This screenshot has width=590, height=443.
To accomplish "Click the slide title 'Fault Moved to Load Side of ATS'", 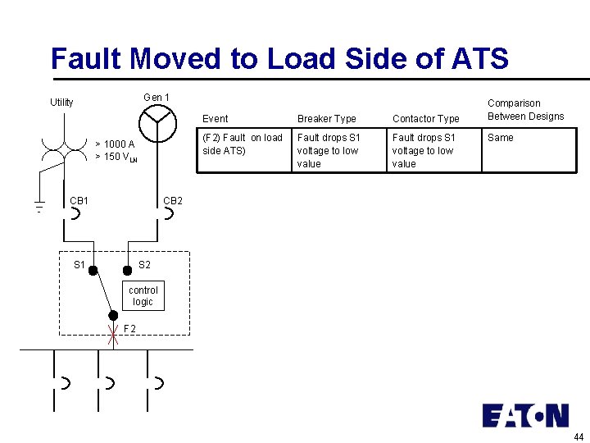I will (279, 59).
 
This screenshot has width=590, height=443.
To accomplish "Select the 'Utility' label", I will (61, 103).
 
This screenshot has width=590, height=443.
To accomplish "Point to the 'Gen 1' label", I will (157, 98).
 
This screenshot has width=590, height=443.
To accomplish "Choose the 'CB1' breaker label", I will (79, 200).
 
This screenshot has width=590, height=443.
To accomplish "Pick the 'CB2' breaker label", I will (173, 200).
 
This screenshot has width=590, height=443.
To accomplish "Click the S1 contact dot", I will (93, 269).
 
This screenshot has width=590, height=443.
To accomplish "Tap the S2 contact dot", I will (127, 269).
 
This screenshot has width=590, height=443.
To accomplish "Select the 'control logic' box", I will (143, 296).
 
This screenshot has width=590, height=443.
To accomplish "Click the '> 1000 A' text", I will (115, 144).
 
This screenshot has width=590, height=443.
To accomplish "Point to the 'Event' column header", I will (216, 119).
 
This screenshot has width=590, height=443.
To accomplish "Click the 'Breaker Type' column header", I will (326, 119).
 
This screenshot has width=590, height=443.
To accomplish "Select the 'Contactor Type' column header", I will (425, 119).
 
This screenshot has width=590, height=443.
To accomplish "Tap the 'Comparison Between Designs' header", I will (525, 110).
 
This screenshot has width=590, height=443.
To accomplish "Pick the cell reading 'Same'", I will (501, 138).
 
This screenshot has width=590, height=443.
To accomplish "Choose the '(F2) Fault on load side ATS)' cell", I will (242, 144).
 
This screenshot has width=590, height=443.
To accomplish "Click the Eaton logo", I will (525, 415).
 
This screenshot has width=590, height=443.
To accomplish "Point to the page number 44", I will (579, 436).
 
